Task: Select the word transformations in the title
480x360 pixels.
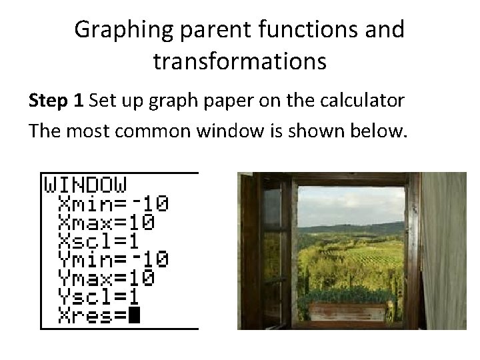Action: [240, 61]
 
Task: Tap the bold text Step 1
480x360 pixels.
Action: [57, 101]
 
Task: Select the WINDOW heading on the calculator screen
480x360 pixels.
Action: [85, 183]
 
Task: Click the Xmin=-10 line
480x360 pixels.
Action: [113, 203]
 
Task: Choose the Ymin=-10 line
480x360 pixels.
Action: [113, 258]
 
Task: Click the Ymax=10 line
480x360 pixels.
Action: [107, 276]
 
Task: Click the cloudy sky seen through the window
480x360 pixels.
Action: [349, 203]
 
